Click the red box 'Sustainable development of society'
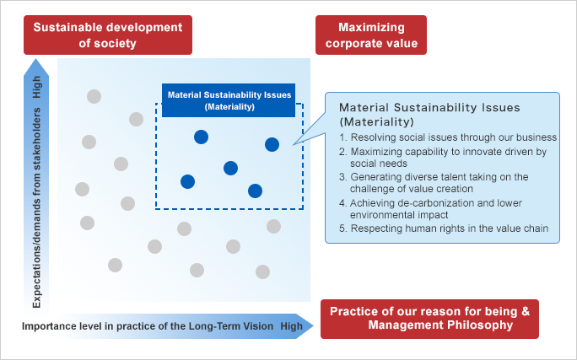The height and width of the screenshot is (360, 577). point(108,35)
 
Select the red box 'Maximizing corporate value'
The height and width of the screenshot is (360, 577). point(371,35)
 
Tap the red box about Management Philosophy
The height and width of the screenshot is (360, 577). point(429,319)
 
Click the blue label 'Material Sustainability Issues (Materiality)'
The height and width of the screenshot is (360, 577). point(229,100)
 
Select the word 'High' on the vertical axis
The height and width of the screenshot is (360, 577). point(37,87)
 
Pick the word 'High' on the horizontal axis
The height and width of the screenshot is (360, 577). point(291,326)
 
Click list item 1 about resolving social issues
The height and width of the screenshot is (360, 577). point(448,137)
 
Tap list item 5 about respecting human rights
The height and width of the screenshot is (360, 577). point(444,228)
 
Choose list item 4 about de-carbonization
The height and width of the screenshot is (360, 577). point(430,209)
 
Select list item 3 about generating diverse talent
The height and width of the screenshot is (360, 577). point(434,183)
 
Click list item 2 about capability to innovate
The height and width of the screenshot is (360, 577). point(443,158)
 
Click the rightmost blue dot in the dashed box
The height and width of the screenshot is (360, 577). point(272,144)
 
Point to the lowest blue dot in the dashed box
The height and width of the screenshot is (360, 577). point(255,191)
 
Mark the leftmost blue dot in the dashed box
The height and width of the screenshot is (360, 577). point(187,181)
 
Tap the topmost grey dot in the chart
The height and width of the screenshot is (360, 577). point(94,96)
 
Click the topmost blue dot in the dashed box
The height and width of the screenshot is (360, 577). point(202,137)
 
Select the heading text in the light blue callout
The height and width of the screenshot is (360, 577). point(429,115)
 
